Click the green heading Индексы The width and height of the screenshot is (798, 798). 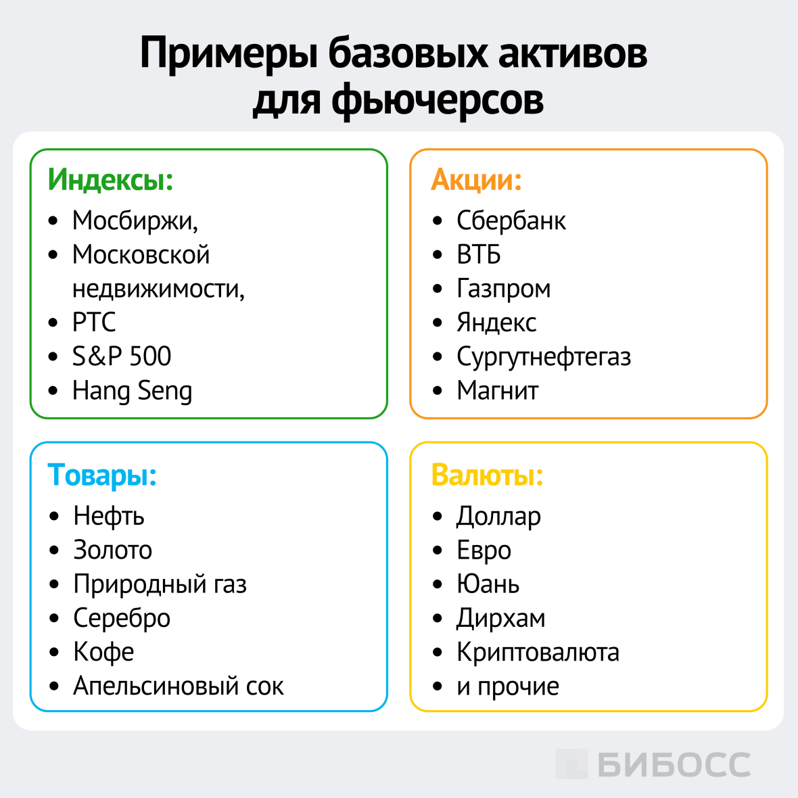point(110,180)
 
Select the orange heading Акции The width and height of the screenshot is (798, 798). point(476,180)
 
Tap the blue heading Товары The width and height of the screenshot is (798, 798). point(102,475)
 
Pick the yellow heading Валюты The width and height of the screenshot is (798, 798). point(487,475)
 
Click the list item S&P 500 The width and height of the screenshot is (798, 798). point(122,356)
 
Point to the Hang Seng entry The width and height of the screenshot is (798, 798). point(132,391)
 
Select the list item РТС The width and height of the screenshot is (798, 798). point(94,323)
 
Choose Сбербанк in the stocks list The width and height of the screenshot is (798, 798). point(511,220)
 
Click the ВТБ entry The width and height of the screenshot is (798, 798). point(478,255)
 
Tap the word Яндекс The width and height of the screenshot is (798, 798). point(496,323)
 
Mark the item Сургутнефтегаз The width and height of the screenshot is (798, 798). point(543,356)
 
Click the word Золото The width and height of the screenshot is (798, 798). point(112,550)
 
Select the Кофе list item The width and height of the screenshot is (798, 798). point(103,652)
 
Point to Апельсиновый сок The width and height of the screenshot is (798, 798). point(179,686)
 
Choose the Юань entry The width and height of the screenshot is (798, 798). point(488,584)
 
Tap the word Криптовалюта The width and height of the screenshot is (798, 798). point(538,652)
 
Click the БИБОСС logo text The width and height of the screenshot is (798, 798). point(674,765)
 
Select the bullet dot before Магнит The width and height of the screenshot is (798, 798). point(438,391)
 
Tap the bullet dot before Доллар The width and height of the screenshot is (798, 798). point(438,517)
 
